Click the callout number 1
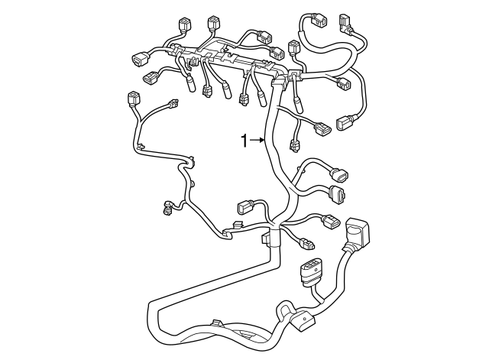[244, 141]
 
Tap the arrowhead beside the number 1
[262, 141]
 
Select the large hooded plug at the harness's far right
[357, 232]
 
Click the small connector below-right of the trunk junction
[307, 245]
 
